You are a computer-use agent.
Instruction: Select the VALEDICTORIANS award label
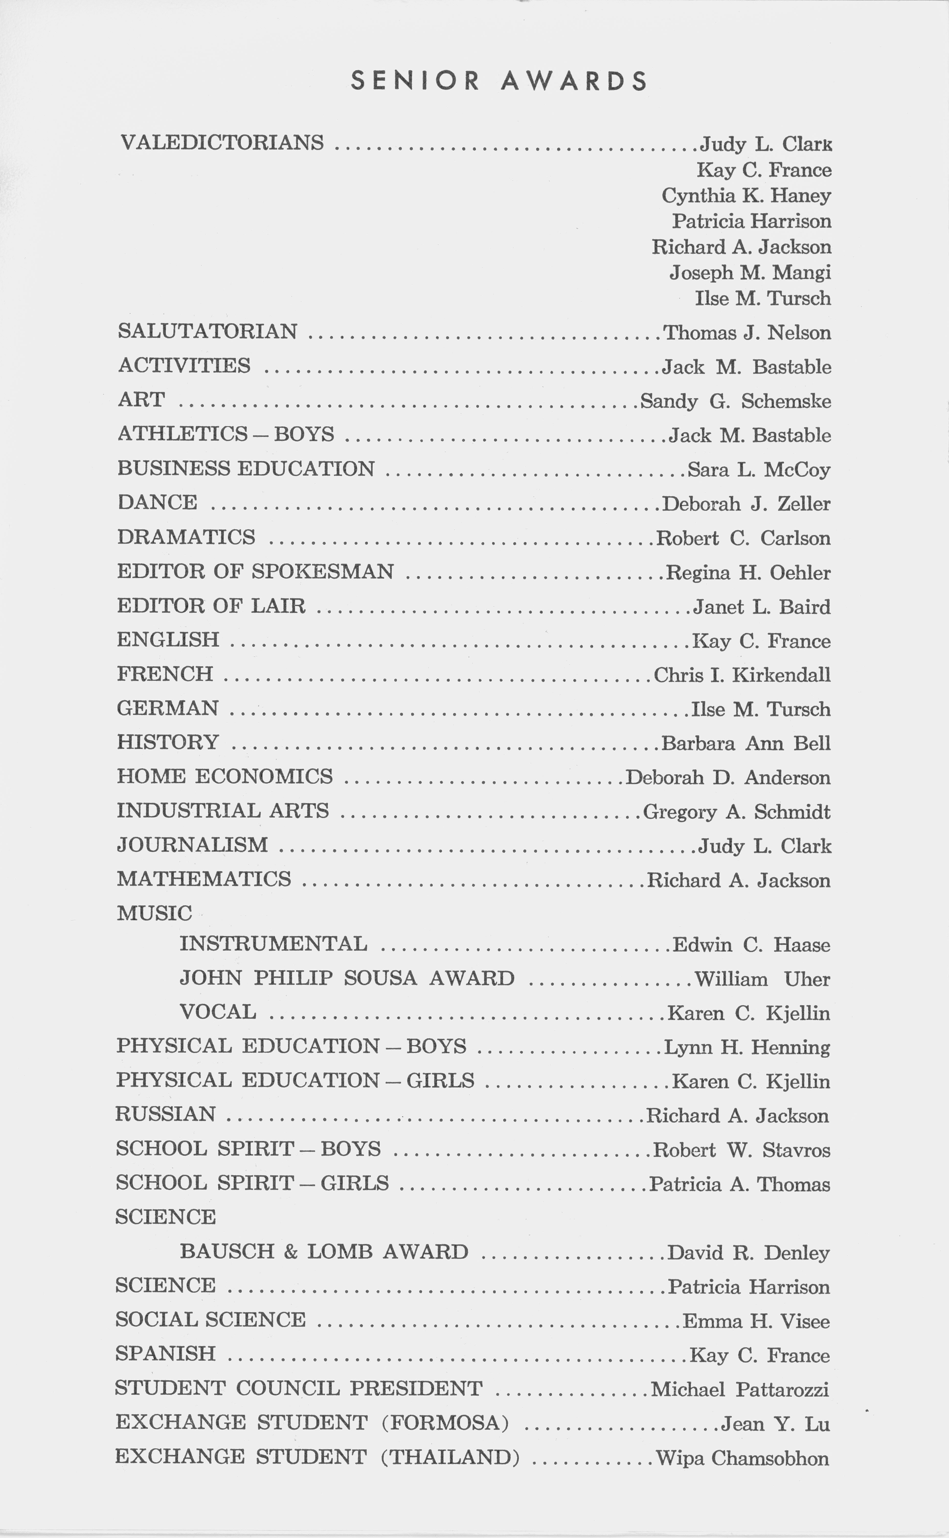[222, 143]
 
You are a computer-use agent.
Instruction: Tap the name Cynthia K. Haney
[746, 196]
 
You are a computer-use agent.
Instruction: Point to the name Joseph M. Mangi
[750, 272]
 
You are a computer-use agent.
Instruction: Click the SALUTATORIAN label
[208, 331]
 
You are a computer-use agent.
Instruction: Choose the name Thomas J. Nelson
[747, 333]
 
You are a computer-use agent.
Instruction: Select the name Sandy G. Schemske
[736, 401]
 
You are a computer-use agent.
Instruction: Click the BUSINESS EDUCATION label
[246, 469]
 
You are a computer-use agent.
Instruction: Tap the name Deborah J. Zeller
[746, 504]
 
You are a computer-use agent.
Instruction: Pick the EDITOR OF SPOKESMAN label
[255, 572]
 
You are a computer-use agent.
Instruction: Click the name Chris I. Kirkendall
[742, 675]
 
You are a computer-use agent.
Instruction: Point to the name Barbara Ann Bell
[746, 744]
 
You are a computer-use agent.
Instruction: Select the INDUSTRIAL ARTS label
[223, 811]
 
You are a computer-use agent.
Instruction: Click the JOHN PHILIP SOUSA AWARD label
[347, 978]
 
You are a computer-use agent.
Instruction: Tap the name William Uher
[762, 979]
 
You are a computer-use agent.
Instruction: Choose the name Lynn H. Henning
[747, 1047]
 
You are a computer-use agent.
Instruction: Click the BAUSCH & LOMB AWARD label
[324, 1252]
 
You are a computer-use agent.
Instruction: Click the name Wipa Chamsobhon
[742, 1458]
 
